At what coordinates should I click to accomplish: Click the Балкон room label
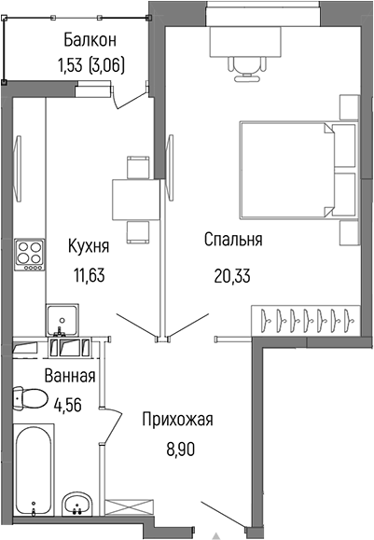90,40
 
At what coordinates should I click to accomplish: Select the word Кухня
90,247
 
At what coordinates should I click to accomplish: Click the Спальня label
233,240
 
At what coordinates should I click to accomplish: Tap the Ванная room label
70,377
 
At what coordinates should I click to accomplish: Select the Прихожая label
177,420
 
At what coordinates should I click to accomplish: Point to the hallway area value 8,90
177,447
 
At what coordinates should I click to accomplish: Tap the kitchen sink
62,319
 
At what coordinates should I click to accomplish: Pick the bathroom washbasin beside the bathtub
76,505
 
